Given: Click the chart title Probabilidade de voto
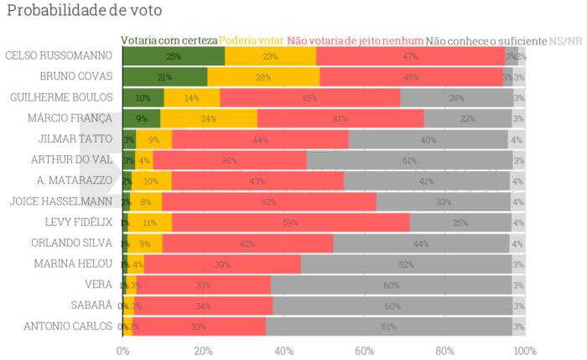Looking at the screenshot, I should tap(73, 11).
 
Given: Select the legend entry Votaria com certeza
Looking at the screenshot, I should tap(169, 40).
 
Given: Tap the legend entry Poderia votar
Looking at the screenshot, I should tap(252, 40).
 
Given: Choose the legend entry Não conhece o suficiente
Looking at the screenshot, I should tap(486, 40).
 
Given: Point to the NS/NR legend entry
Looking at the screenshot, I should tap(567, 40).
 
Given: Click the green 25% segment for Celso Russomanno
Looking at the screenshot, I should tap(174, 56).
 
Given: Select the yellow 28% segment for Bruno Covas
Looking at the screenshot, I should tap(263, 77).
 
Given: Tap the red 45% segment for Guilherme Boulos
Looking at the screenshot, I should tap(310, 97).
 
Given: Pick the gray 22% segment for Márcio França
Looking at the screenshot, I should tap(467, 118).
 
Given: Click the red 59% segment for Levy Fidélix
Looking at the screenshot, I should tap(291, 222).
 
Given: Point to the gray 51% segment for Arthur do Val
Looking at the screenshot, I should tap(409, 160).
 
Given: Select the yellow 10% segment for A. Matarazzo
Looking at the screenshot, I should tap(152, 180).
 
